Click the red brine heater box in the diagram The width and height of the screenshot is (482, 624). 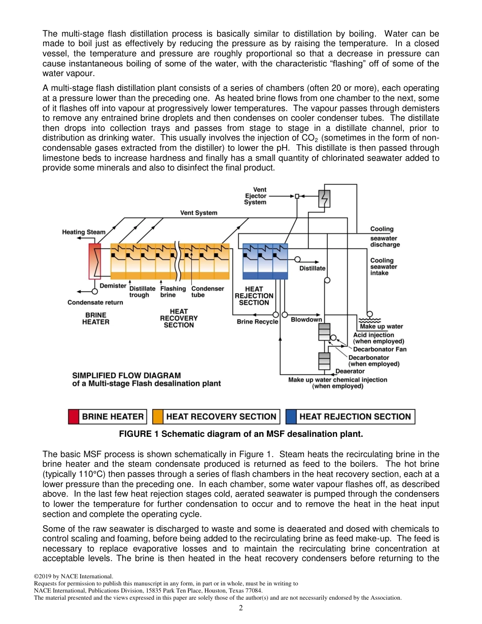[x=95, y=261]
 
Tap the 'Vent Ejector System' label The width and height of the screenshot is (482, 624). [x=255, y=196]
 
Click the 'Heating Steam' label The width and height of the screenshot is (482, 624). [x=84, y=232]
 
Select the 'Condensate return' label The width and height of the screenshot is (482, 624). [x=95, y=303]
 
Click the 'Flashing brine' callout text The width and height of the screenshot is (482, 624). [x=173, y=292]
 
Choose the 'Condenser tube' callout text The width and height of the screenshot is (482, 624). [x=207, y=292]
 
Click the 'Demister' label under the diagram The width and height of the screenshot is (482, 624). [x=113, y=286]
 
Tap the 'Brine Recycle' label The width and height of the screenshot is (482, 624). [x=257, y=322]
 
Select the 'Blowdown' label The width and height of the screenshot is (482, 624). [x=306, y=320]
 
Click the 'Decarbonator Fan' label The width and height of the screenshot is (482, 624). [x=380, y=349]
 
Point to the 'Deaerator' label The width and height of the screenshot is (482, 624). [x=350, y=371]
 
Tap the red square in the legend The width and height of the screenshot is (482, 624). [x=74, y=417]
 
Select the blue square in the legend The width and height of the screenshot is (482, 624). [x=291, y=417]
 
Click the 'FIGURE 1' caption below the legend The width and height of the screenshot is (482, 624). [x=241, y=434]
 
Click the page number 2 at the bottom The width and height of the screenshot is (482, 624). [x=240, y=608]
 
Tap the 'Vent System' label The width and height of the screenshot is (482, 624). [x=198, y=213]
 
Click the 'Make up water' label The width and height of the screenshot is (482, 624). [x=385, y=327]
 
